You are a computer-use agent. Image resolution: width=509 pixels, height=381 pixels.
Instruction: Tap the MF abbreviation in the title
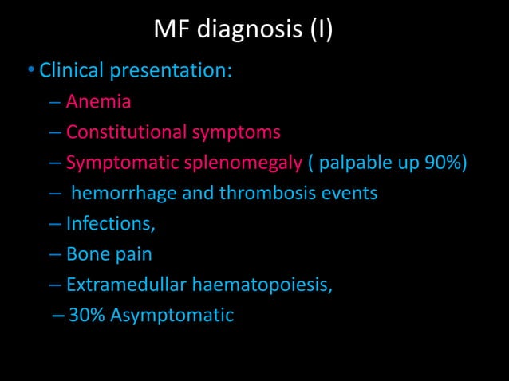(x=171, y=31)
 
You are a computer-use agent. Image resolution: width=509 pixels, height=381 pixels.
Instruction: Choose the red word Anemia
(x=98, y=101)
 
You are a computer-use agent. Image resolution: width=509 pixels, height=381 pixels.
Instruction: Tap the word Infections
(x=110, y=224)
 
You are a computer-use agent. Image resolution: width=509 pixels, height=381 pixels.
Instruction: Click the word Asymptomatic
(x=172, y=316)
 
